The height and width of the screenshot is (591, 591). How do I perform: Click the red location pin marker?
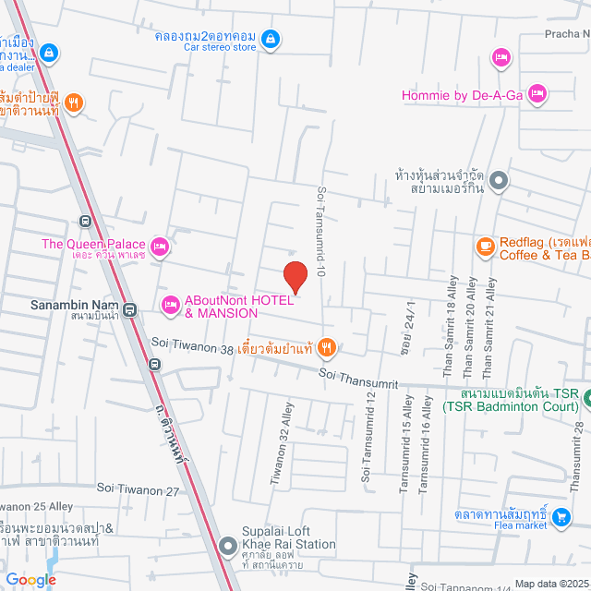point(295,277)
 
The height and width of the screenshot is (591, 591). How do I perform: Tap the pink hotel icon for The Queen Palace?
point(160,246)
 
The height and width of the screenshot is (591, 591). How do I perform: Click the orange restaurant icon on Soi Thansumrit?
point(326,347)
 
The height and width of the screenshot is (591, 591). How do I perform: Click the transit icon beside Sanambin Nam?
point(129,310)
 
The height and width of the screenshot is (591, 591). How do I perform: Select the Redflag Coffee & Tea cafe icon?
point(485,246)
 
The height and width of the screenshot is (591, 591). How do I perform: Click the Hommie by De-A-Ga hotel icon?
point(537,93)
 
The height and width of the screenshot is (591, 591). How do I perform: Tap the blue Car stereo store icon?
point(271,39)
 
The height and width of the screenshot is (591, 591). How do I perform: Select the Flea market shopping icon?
point(562,513)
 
